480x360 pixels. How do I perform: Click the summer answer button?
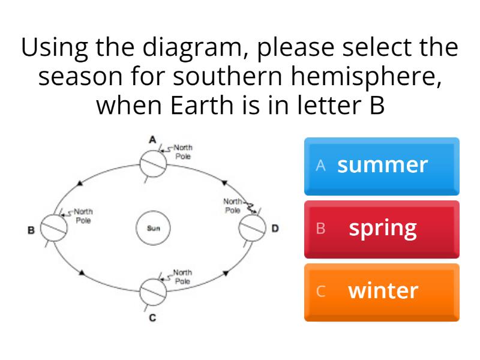[x=382, y=165]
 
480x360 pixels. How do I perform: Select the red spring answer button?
[x=382, y=229]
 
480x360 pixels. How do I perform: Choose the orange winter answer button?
[x=382, y=292]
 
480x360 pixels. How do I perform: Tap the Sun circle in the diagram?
[x=153, y=229]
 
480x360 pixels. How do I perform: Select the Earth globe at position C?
[x=153, y=292]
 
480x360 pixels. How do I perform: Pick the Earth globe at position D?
[x=252, y=228]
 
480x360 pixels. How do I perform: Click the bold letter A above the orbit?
[x=153, y=140]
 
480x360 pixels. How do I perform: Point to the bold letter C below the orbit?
[x=152, y=317]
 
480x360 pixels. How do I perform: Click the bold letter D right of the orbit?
[x=275, y=229]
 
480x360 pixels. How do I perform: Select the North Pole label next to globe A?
[x=183, y=152]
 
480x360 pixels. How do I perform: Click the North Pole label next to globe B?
[x=83, y=215]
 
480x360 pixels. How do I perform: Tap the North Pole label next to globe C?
[x=183, y=277]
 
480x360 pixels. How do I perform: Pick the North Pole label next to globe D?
[x=233, y=206]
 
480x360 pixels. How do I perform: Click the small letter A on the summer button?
[x=321, y=166]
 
